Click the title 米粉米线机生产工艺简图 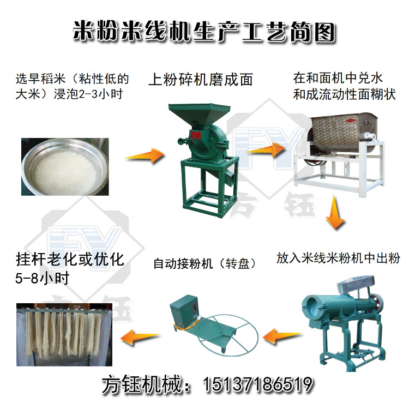(204, 32)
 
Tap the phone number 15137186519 (258, 384)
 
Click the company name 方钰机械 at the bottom (142, 384)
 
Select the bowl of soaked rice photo (65, 167)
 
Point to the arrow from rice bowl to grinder (145, 156)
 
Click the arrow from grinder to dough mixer (266, 150)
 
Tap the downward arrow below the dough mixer (335, 212)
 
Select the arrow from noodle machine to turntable (282, 336)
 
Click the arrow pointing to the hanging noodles (140, 338)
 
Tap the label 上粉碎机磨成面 (201, 80)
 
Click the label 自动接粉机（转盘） (205, 264)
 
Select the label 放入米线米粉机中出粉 (338, 258)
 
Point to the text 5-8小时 (42, 278)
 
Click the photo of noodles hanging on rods (64, 335)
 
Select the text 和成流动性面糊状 (344, 94)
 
